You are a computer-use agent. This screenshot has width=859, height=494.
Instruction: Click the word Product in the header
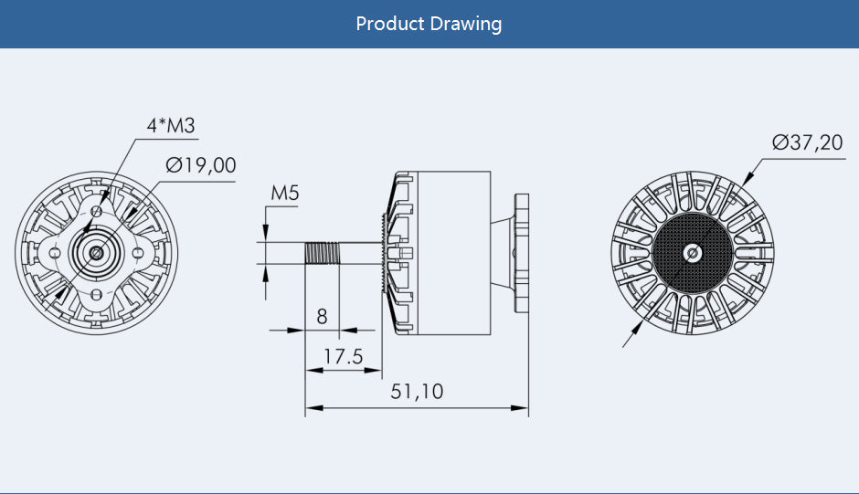(x=391, y=23)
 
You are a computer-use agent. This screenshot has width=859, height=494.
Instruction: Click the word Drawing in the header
(x=466, y=24)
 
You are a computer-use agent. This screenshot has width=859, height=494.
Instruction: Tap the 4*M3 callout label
(x=172, y=126)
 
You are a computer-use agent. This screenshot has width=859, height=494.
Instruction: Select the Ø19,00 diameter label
(x=201, y=165)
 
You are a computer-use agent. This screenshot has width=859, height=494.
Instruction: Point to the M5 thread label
(x=285, y=193)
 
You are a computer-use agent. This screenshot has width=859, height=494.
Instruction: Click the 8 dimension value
(x=322, y=317)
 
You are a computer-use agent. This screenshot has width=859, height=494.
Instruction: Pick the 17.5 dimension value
(x=343, y=356)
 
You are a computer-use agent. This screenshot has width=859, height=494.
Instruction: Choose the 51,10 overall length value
(x=417, y=392)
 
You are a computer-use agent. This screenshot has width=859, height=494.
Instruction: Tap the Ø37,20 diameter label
(x=807, y=142)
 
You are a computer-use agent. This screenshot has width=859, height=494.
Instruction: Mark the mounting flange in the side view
(x=522, y=252)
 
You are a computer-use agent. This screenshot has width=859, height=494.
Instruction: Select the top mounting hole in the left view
(x=96, y=210)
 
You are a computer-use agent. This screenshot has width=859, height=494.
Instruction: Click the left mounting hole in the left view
(x=55, y=252)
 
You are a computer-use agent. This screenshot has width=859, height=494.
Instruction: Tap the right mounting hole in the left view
(x=137, y=252)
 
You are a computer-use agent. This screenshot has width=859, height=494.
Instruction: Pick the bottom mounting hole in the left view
(x=96, y=293)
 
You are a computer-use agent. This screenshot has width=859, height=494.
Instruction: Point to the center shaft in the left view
(x=96, y=252)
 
